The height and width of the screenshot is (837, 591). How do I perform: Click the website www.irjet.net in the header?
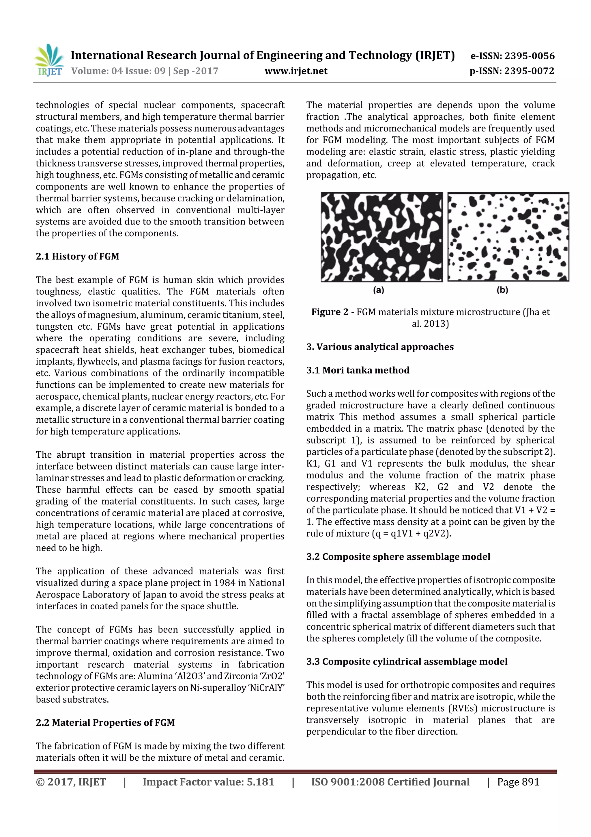(x=296, y=71)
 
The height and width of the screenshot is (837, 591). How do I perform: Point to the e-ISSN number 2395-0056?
(x=529, y=56)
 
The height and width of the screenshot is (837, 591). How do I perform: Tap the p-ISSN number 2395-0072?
(x=529, y=71)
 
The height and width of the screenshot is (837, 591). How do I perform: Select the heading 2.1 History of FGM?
(x=77, y=256)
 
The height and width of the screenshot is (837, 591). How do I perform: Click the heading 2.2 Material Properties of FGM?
(x=105, y=723)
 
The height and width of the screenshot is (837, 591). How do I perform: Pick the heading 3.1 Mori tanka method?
(x=358, y=370)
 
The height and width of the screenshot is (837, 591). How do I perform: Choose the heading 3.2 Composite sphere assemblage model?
(x=398, y=557)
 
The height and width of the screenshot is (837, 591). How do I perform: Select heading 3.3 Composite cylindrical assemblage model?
(x=406, y=662)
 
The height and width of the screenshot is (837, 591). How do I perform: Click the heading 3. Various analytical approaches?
(x=380, y=347)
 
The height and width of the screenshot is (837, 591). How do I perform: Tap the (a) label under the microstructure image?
(x=379, y=290)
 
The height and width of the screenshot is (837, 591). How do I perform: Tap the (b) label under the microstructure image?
(x=502, y=290)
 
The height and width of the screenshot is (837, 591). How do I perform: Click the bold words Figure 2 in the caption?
(x=330, y=312)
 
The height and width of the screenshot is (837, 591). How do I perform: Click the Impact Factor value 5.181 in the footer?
(x=260, y=782)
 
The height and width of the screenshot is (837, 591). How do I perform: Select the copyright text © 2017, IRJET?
(x=71, y=782)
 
